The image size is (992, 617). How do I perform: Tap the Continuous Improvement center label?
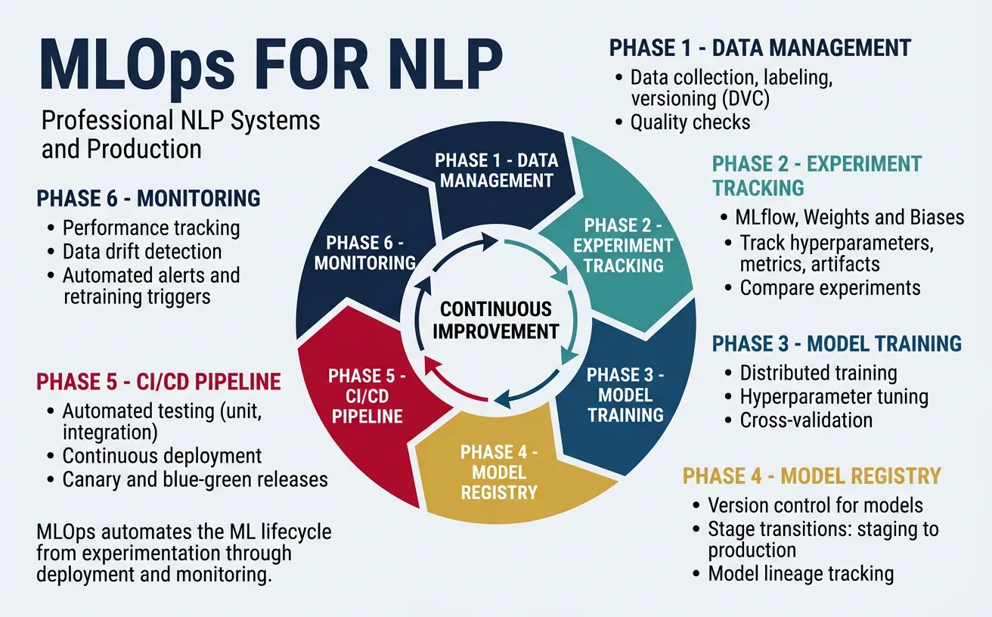point(495,320)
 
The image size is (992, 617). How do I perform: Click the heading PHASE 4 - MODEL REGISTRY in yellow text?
point(811,476)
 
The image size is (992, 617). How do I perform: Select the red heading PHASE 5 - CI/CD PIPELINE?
point(159,381)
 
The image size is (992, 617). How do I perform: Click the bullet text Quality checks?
point(690,122)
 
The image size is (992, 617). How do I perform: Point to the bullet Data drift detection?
point(142,252)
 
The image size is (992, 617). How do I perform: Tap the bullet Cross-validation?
point(806,420)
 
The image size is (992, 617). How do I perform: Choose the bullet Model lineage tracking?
point(801,574)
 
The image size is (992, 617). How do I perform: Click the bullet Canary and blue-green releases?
point(195,479)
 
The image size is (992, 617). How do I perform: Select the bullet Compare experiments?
point(830,288)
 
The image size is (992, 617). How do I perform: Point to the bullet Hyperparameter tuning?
point(834,396)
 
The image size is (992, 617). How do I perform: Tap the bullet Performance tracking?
point(151,228)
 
